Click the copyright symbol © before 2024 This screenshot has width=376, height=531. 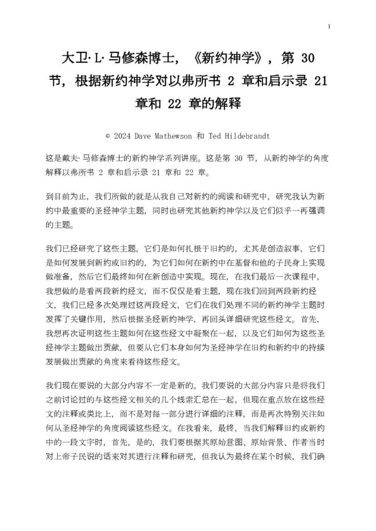coord(107,136)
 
